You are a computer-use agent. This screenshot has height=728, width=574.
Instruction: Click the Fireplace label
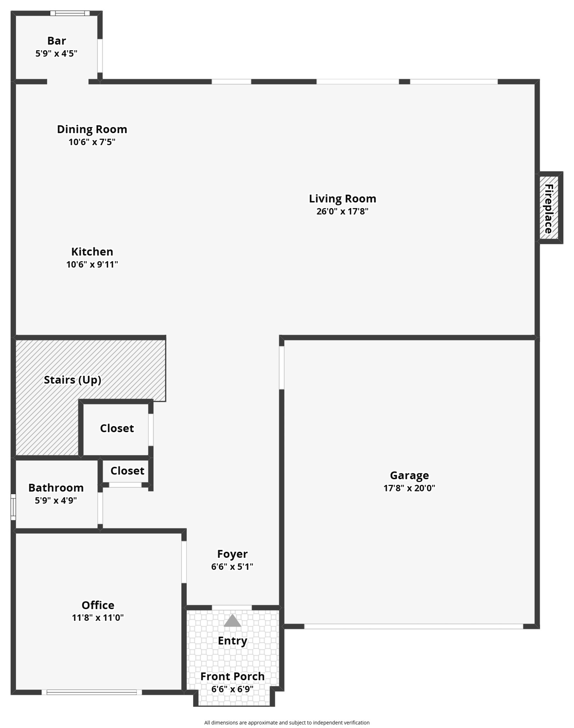coord(549,209)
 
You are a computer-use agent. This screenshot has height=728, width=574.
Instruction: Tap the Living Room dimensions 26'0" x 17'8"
coord(342,211)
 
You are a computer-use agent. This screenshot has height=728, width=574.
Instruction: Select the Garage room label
coord(409,475)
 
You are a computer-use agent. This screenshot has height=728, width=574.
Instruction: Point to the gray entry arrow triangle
coord(232,621)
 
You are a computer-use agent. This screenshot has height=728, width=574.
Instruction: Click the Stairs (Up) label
coord(73,380)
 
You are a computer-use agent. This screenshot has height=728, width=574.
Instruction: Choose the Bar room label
coord(56,41)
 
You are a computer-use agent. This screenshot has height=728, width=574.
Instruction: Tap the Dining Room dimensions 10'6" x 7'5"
coord(92,142)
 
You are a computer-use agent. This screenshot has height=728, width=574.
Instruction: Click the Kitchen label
coord(92,252)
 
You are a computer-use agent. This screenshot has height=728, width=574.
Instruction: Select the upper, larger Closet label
coord(117,428)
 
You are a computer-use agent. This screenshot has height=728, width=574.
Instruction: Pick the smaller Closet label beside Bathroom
coord(127,471)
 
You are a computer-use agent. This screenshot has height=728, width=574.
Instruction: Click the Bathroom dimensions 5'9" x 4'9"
coord(56,500)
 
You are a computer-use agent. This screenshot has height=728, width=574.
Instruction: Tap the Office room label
coord(98,605)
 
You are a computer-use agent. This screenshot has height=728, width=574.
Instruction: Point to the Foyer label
coord(232,554)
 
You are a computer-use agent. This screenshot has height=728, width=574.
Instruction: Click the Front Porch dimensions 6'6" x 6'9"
coord(232,689)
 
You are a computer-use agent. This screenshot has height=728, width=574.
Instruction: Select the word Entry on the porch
coord(232,641)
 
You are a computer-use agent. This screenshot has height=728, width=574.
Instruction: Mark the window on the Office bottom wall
coord(92,692)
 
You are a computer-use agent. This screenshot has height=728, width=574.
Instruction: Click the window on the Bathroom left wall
coord(13,507)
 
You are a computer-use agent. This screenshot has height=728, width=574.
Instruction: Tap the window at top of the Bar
coord(70,13)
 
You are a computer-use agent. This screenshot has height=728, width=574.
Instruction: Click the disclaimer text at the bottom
coord(287,723)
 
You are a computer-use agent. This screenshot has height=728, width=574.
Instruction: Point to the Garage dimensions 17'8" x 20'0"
coord(409,488)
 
